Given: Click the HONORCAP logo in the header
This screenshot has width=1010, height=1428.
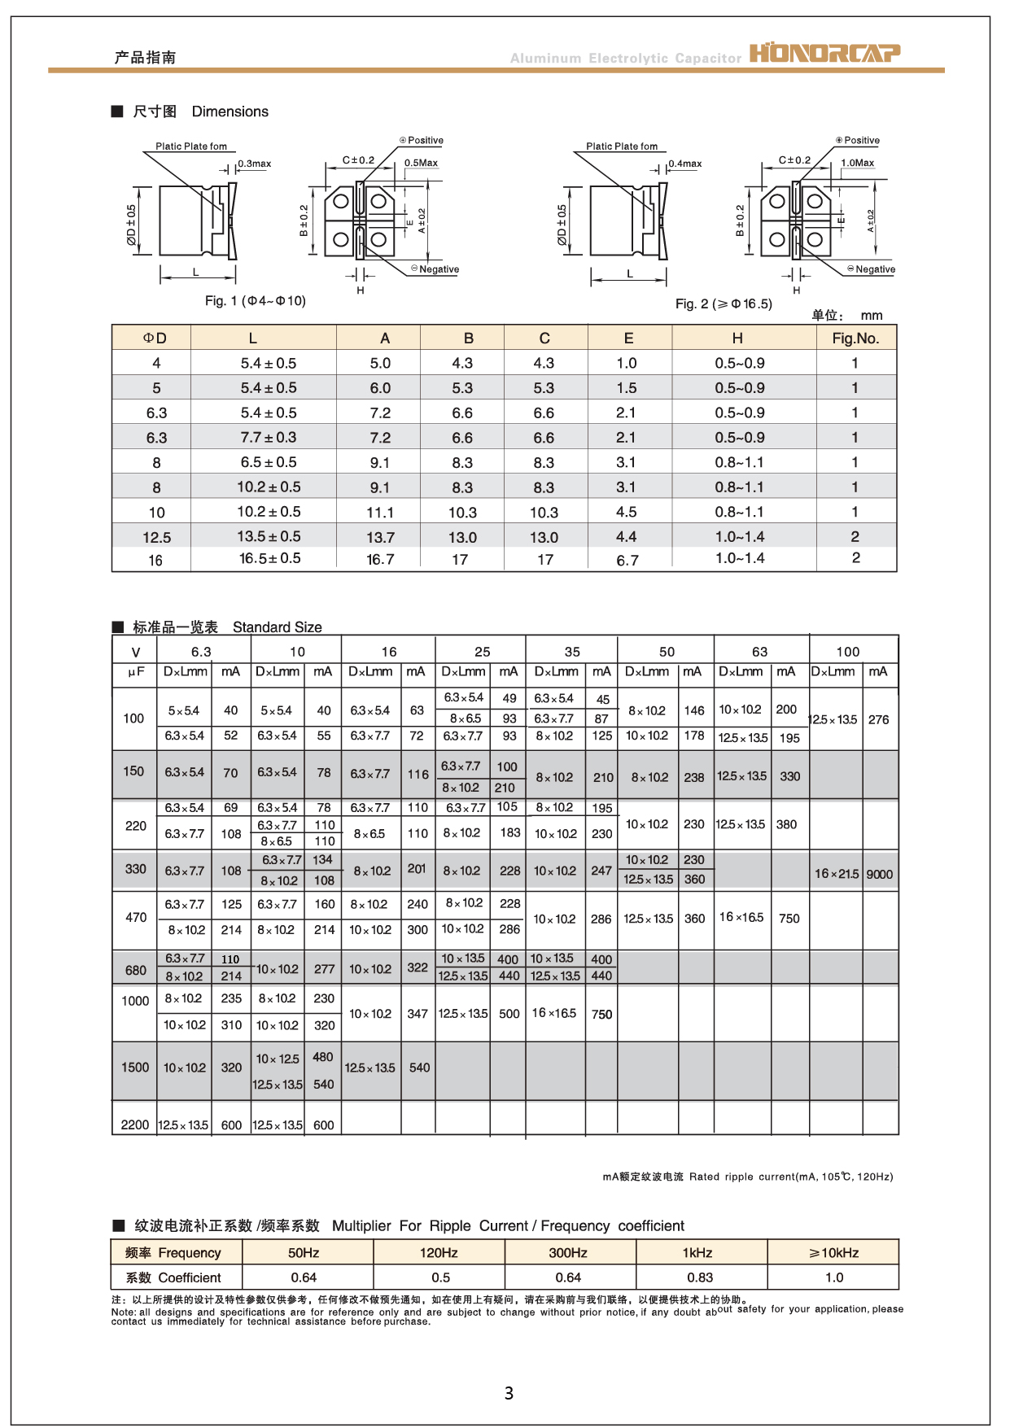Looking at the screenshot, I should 824,54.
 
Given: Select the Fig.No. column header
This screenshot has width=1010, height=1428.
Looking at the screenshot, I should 855,338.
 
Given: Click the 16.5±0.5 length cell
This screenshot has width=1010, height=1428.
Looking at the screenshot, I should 269,559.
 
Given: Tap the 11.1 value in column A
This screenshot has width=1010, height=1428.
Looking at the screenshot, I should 380,513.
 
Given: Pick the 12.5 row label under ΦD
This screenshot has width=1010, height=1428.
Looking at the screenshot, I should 156,538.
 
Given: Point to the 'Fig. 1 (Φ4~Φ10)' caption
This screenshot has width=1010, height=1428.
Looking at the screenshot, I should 255,301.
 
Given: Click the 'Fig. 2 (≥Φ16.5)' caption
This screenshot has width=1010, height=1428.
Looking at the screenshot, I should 723,304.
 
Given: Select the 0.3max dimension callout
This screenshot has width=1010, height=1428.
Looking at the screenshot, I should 254,164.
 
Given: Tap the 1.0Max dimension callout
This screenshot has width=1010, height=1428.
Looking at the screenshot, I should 857,164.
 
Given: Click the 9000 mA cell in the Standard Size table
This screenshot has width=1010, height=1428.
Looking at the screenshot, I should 879,875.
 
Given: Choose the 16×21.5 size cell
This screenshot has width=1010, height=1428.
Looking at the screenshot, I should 836,874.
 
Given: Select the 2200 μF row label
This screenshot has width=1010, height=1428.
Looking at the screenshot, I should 134,1125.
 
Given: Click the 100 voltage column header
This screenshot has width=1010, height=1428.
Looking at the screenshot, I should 847,652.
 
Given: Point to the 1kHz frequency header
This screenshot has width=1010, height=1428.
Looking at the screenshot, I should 697,1253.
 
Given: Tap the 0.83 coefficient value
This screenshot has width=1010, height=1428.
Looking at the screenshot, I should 699,1277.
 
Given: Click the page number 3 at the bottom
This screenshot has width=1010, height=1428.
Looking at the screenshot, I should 509,1393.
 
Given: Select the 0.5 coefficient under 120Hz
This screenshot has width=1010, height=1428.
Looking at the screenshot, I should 440,1277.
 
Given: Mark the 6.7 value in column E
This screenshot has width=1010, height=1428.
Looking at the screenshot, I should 627,561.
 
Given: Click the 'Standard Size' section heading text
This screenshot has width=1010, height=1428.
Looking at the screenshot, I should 277,627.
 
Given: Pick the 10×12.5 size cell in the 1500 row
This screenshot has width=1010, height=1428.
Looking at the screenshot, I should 278,1059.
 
